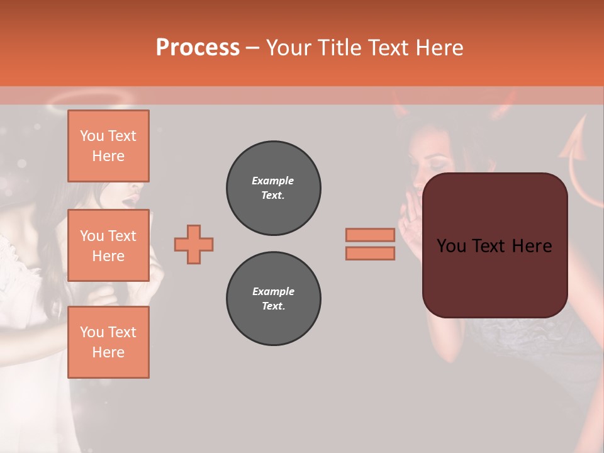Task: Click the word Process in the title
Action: [x=198, y=48]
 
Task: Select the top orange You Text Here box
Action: [x=108, y=146]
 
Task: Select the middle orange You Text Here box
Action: [x=108, y=245]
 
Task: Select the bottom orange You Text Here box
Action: [x=108, y=342]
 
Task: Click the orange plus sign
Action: [x=194, y=244]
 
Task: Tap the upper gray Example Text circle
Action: [x=273, y=188]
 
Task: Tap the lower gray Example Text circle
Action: [x=273, y=299]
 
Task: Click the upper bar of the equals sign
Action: [x=370, y=235]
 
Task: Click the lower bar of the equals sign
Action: [x=370, y=253]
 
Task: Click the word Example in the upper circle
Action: [x=273, y=181]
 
